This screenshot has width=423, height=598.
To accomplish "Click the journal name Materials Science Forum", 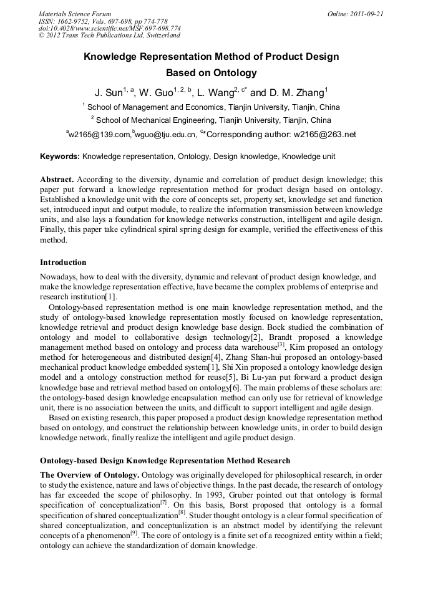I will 74,14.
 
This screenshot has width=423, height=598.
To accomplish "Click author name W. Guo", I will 155,94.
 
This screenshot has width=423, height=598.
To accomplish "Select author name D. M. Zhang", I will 299,94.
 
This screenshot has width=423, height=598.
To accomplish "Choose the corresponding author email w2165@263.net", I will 324,134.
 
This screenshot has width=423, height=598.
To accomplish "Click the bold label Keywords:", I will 60,156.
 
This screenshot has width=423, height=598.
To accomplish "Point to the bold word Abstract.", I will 57,178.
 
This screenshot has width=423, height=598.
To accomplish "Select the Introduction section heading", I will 63,262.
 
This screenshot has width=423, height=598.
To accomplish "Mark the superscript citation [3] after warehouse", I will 281,344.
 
